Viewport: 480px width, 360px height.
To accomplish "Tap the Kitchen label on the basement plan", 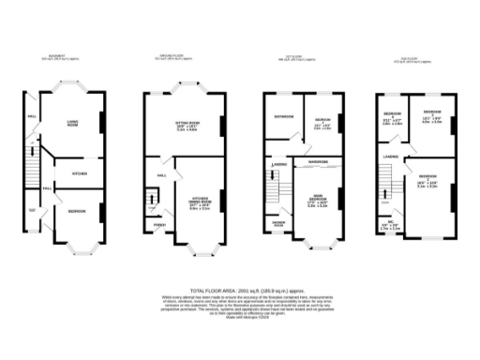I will [x=80, y=174].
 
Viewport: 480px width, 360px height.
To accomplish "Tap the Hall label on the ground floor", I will [x=161, y=175].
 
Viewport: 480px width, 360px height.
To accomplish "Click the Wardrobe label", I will [x=316, y=162].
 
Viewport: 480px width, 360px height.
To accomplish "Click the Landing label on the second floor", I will [x=391, y=157].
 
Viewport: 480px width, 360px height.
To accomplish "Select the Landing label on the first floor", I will [x=278, y=165].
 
